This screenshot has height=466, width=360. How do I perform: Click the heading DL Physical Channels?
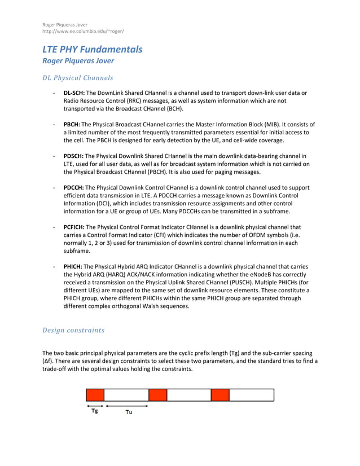pos(78,78)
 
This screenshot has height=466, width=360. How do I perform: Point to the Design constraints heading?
pos(73,329)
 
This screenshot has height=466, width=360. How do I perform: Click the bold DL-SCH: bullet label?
pos(74,93)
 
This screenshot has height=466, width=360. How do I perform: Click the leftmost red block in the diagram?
pos(95,395)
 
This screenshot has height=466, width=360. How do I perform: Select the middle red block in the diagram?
pos(157,395)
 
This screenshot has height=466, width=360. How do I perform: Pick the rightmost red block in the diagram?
pos(220,395)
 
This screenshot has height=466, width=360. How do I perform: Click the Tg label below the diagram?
pos(95,411)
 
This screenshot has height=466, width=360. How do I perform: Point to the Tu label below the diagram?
pos(129,412)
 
